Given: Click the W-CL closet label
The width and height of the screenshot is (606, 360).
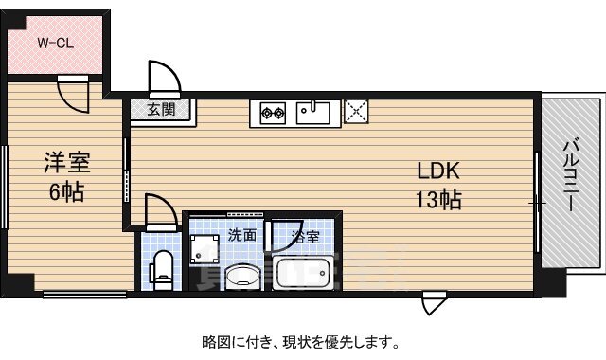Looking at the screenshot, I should pos(56,43).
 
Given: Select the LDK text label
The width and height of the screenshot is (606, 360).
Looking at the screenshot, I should pos(439,171).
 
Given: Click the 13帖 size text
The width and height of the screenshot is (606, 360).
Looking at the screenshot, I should pos(439,200).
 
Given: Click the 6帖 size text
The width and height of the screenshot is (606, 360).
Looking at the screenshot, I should pos(66,192).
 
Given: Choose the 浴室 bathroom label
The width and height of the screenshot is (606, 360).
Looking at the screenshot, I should pos(306,235).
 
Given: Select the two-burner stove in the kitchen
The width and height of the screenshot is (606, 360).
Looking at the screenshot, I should pos(274,114).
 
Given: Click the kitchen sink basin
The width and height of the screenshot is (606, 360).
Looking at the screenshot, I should pos(312,113).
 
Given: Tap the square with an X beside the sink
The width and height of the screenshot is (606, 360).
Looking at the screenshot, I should pos(357,113).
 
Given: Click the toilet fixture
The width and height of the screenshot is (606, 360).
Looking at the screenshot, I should pos(162,268).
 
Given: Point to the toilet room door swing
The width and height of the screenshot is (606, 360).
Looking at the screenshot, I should pos(158,210).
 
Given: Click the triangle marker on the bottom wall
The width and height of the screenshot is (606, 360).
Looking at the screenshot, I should pos(432,305).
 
